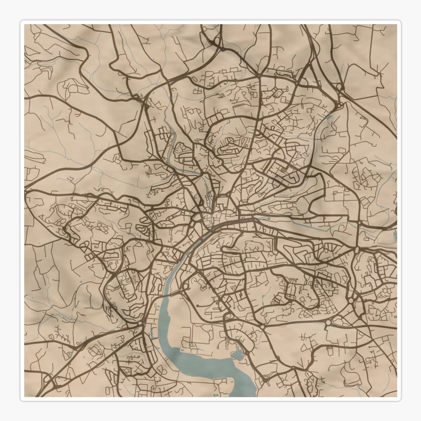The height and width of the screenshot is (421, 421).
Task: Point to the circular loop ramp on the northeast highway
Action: click(339, 86)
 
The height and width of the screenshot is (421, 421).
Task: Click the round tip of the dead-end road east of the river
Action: click(198, 306)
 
